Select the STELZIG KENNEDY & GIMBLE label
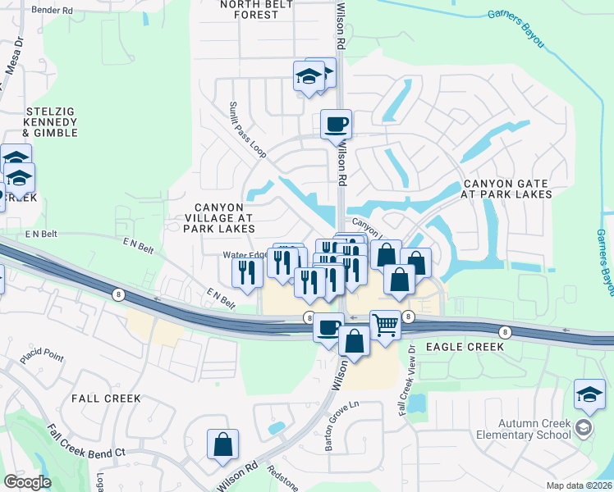click(x=50, y=121)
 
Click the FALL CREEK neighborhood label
click(x=106, y=399)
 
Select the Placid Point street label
click(x=42, y=357)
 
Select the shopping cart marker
click(x=385, y=325)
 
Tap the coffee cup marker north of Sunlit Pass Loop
click(x=336, y=125)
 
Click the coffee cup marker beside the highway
click(x=328, y=327)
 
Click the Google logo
click(x=27, y=482)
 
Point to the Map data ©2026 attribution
click(x=580, y=485)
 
